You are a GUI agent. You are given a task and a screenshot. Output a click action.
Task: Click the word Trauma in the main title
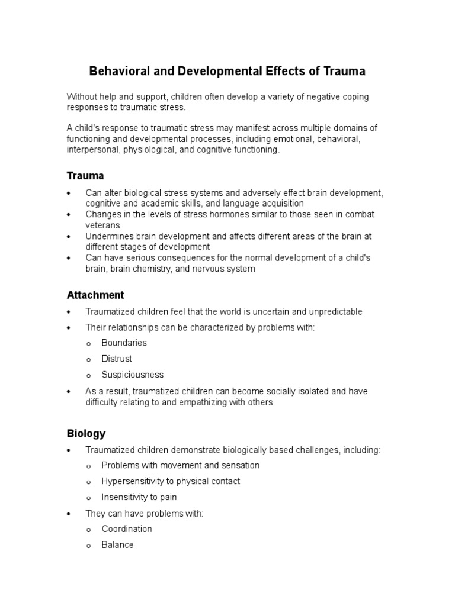point(345,72)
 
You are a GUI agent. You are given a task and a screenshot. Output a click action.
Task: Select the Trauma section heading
point(85,176)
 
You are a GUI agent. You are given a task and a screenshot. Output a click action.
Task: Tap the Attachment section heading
point(95,295)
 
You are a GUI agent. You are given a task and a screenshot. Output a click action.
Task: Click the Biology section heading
point(86,434)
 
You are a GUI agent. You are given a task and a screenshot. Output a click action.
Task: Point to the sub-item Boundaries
point(124,343)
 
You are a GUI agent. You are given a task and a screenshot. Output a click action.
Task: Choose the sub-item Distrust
point(117,359)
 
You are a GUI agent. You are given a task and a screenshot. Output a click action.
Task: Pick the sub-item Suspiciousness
point(132,375)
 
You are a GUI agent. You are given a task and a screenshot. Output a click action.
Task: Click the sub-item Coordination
point(127,529)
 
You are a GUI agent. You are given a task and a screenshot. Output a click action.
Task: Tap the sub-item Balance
point(117,545)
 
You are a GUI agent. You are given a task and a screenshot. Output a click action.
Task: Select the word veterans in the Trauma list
point(103,225)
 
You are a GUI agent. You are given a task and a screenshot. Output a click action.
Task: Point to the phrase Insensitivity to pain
point(139,497)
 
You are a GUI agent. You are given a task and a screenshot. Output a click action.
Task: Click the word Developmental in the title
point(212,72)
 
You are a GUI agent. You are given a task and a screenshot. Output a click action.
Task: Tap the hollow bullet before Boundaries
point(88,344)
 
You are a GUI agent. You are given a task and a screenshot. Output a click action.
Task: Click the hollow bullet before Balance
point(88,546)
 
